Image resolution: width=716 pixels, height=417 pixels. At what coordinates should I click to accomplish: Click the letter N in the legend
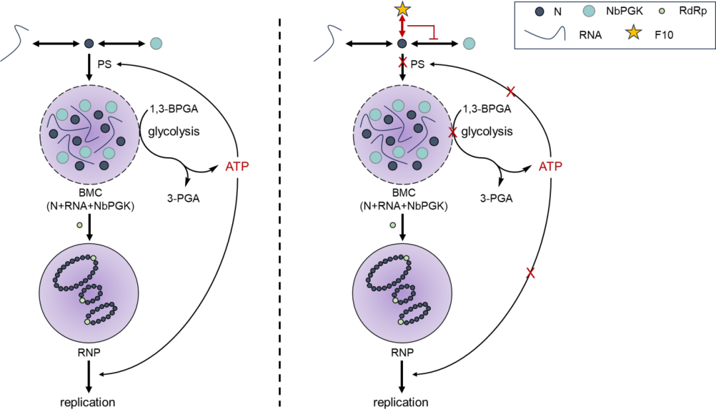[558, 11]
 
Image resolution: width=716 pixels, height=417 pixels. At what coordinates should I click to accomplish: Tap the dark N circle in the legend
[540, 11]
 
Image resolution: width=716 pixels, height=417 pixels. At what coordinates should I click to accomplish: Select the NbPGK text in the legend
[625, 11]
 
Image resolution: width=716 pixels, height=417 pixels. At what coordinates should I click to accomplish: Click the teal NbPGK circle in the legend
[589, 11]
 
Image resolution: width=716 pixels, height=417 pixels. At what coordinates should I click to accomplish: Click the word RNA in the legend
[590, 34]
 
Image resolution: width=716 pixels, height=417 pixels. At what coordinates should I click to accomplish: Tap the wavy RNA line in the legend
[545, 33]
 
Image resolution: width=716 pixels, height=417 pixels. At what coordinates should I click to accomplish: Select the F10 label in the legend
[664, 34]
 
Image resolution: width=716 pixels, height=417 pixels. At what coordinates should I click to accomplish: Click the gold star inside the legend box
[634, 32]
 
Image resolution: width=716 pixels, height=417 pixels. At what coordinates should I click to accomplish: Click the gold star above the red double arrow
[402, 9]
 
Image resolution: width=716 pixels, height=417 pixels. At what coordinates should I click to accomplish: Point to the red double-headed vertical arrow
[402, 27]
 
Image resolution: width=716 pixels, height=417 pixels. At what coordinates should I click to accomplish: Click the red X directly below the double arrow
[402, 63]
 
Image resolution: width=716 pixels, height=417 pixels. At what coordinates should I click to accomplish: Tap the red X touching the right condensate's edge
[453, 133]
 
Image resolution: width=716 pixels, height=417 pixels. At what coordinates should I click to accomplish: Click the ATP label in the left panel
[237, 166]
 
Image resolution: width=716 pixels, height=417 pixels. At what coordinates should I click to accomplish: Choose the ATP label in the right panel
[550, 166]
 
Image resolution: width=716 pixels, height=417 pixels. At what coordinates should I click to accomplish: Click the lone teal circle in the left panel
[156, 43]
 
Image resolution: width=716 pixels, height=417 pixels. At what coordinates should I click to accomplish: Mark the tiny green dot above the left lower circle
[80, 225]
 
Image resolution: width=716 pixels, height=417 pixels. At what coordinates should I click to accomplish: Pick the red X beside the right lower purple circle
[530, 272]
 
